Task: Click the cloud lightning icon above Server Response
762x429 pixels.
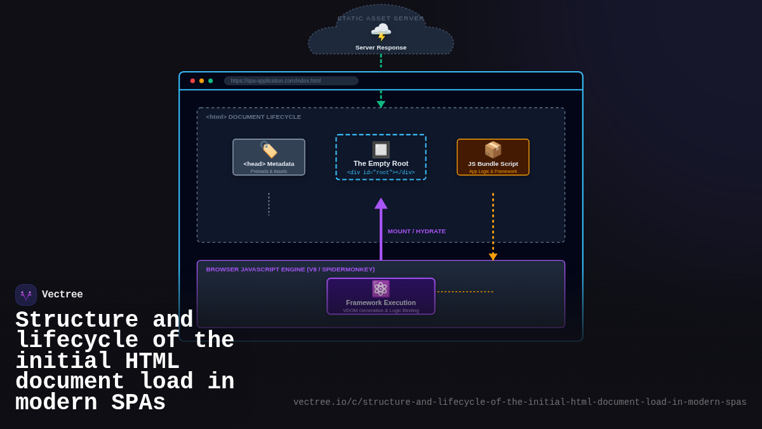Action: (381, 32)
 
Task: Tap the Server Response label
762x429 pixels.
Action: (381, 48)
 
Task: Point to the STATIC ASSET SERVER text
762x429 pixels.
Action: (381, 18)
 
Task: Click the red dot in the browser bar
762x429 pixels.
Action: (192, 81)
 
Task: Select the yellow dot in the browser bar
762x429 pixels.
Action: (201, 81)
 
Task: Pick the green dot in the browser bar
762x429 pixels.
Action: (210, 81)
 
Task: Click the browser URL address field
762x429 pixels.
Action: (291, 81)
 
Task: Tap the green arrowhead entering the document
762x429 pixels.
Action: (381, 104)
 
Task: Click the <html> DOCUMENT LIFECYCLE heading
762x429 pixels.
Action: (253, 117)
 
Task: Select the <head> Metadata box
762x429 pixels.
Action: (269, 158)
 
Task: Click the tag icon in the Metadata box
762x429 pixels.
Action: (269, 150)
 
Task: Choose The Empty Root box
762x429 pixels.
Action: (381, 158)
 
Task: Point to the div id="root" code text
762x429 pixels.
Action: (381, 173)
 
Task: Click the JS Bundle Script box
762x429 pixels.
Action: (493, 158)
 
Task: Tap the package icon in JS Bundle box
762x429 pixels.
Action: (493, 149)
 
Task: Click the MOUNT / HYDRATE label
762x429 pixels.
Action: (417, 231)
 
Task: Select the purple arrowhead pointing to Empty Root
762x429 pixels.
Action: (381, 203)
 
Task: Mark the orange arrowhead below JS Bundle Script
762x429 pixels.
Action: (493, 257)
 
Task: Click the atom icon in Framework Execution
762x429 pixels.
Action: (381, 289)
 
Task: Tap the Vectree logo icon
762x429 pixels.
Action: (26, 295)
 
